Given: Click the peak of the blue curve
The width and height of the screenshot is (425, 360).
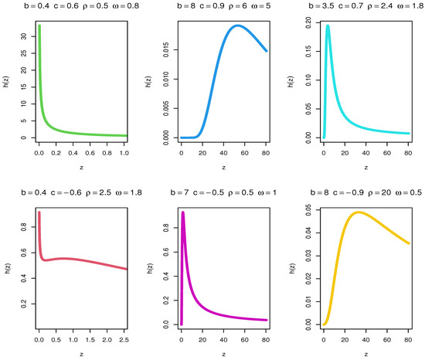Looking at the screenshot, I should (237, 25).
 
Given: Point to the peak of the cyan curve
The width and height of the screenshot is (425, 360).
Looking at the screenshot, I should (328, 25).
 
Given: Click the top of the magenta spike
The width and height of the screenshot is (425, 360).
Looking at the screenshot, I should (183, 212).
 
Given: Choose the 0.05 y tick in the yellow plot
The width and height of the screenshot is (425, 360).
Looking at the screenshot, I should (308, 209).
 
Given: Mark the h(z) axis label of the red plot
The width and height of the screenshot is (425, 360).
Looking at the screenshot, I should (8, 267).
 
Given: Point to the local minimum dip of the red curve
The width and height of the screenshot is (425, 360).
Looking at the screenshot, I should (45, 260).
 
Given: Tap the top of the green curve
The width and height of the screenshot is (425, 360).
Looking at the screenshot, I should (39, 25).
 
